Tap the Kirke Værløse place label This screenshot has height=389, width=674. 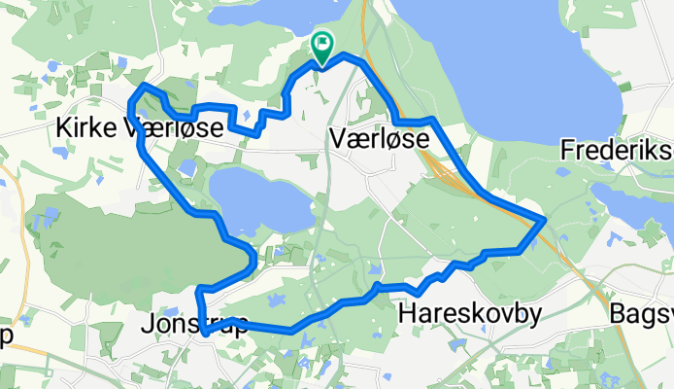143,128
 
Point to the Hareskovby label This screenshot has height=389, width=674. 470,313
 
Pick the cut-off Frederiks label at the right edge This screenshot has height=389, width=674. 617,152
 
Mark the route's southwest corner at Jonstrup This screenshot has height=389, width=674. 204,333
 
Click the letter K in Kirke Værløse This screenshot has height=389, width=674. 65,128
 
